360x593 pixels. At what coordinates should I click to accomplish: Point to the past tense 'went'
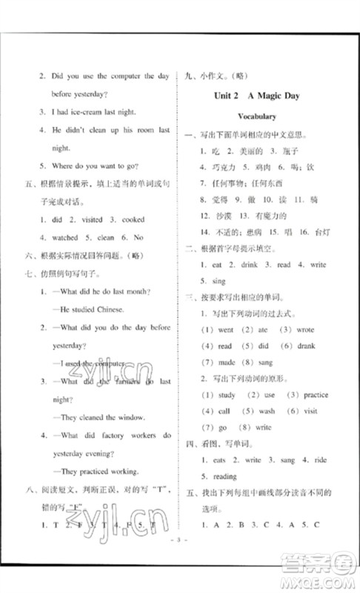(226, 329)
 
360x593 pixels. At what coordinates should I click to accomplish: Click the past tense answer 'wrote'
(304, 329)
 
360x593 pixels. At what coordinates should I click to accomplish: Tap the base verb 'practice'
(316, 394)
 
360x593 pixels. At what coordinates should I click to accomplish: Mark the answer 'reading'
(226, 477)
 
